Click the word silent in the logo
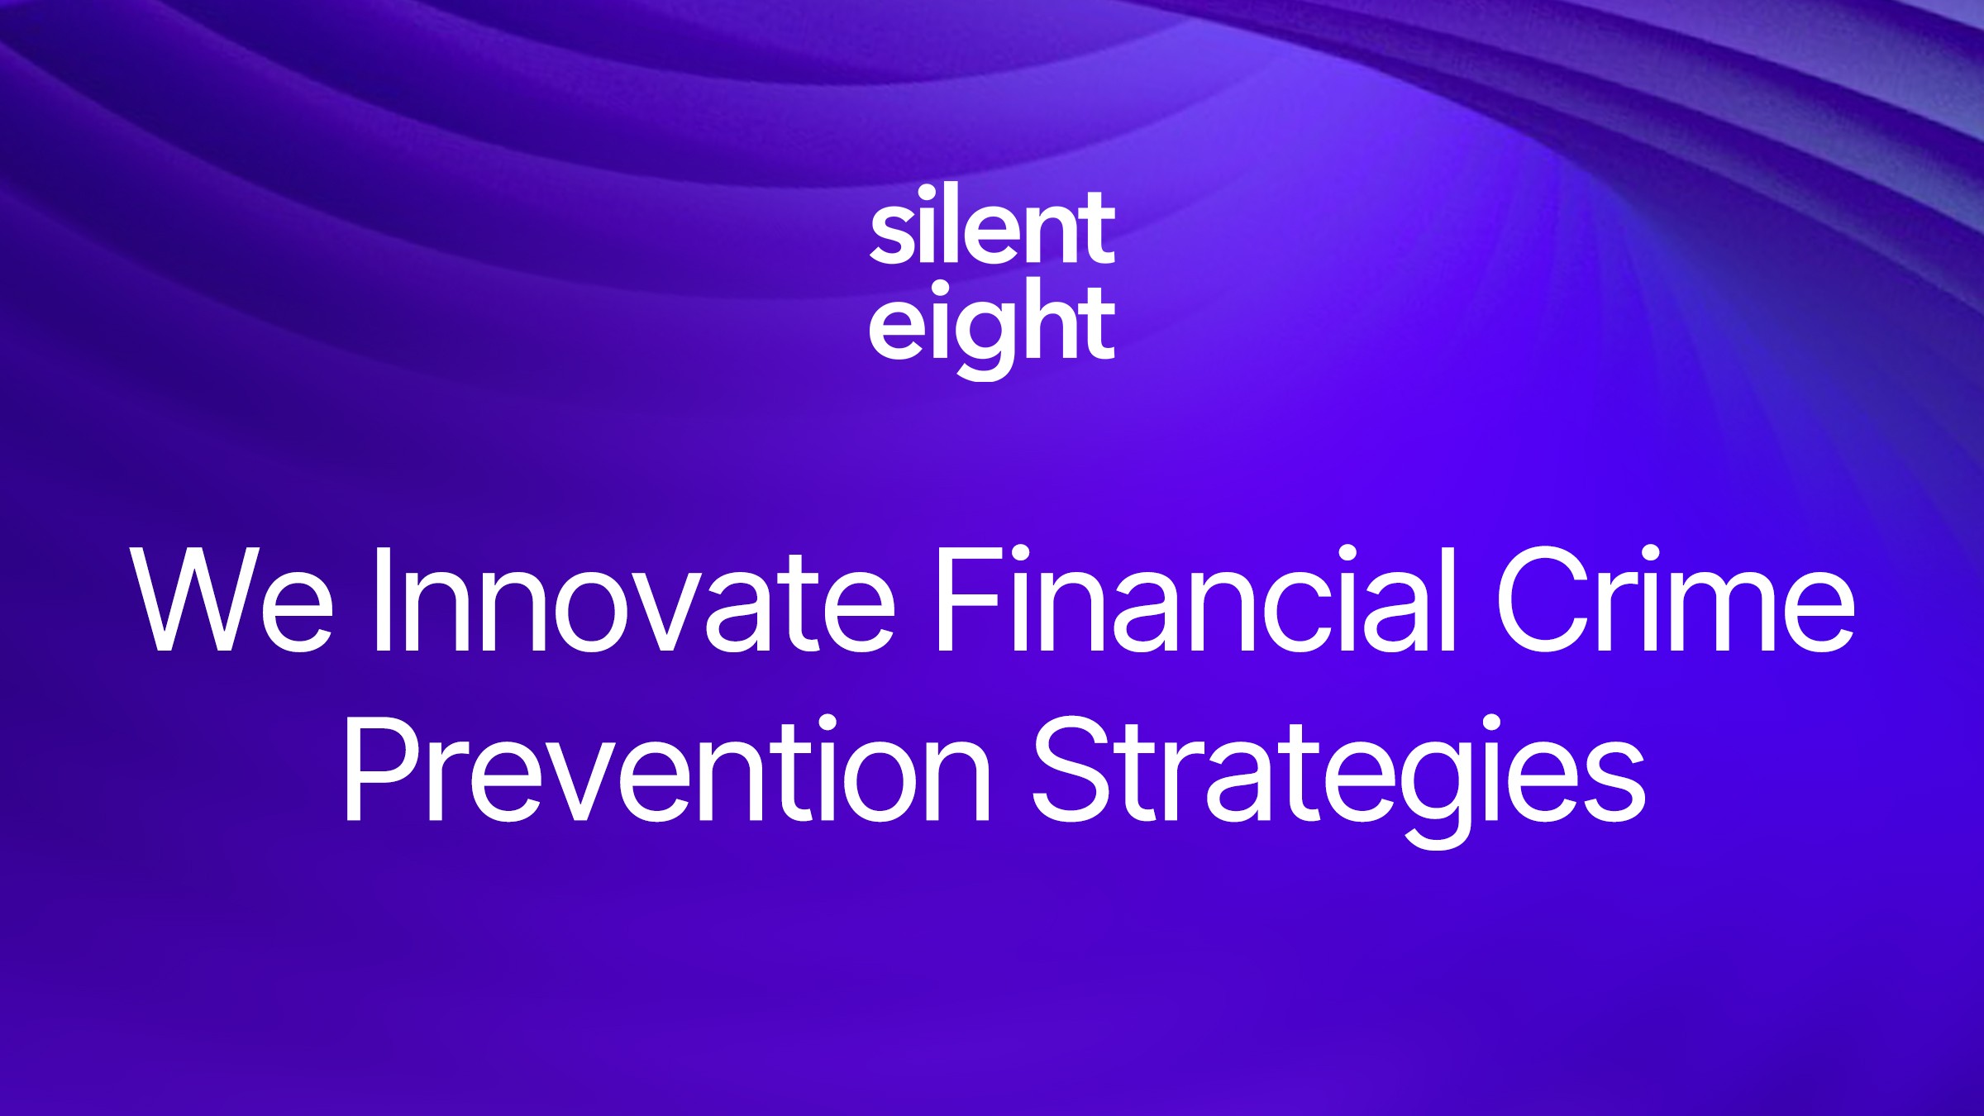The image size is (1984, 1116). pyautogui.click(x=992, y=227)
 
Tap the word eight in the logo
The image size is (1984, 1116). pyautogui.click(x=992, y=324)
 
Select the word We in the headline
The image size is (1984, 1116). pyautogui.click(x=232, y=599)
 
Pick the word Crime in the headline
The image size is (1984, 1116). pyautogui.click(x=1675, y=599)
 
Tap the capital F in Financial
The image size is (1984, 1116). pyautogui.click(x=962, y=599)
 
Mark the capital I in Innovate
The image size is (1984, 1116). pyautogui.click(x=382, y=599)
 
